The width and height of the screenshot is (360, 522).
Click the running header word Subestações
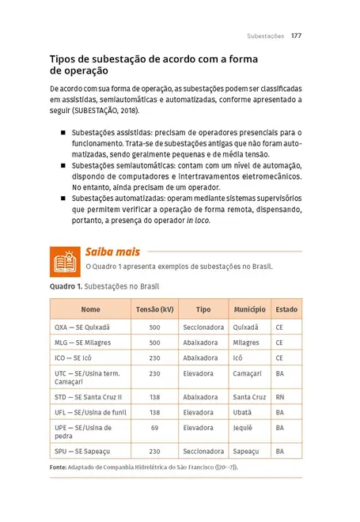click(x=265, y=36)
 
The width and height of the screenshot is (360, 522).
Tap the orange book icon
click(x=63, y=260)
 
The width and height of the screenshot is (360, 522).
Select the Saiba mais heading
click(x=113, y=252)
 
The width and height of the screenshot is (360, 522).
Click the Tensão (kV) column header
click(x=154, y=309)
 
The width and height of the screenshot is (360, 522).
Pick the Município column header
click(x=249, y=309)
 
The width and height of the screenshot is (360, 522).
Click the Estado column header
click(x=286, y=309)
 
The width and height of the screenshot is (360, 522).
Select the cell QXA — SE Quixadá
click(x=81, y=327)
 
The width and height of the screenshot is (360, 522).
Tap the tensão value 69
click(x=154, y=428)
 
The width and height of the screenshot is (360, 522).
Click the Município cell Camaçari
click(x=248, y=373)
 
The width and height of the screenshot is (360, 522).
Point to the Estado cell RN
click(x=279, y=396)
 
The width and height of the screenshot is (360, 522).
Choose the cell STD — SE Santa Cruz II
click(x=88, y=396)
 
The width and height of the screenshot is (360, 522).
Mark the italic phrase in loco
click(x=199, y=221)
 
